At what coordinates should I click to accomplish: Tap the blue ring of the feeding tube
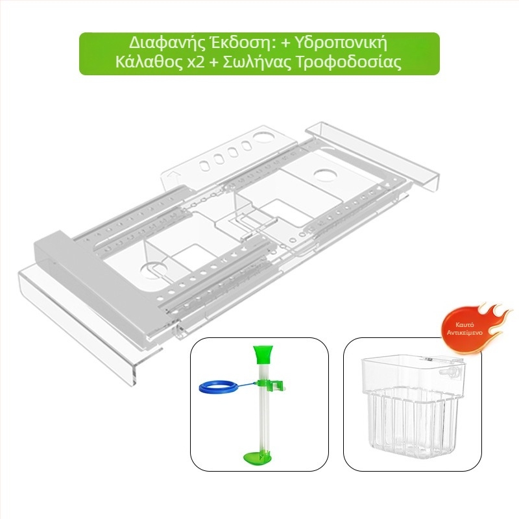click(x=217, y=387)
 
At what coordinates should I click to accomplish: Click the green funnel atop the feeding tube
click(x=261, y=354)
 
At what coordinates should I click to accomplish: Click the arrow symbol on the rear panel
click(x=175, y=175)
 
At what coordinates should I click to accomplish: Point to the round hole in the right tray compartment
click(x=326, y=175)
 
